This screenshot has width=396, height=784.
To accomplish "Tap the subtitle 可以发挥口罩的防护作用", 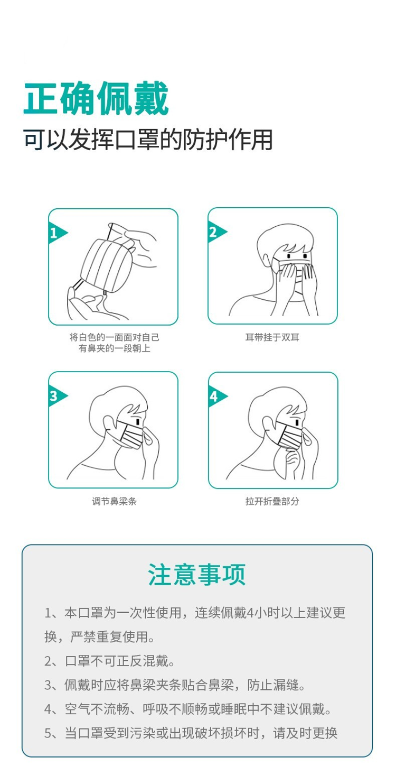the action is (148, 140).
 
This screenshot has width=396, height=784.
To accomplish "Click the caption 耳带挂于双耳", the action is (272, 337).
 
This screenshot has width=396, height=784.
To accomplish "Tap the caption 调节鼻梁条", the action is (114, 501).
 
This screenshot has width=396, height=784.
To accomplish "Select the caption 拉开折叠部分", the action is (272, 501).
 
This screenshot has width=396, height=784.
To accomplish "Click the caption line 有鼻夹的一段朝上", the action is (114, 348).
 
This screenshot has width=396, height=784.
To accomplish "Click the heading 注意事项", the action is (197, 574).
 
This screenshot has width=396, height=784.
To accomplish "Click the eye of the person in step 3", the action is (138, 421).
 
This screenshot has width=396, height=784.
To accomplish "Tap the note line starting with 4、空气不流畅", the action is (187, 709).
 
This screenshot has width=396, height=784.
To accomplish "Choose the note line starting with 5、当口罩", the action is (191, 733).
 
